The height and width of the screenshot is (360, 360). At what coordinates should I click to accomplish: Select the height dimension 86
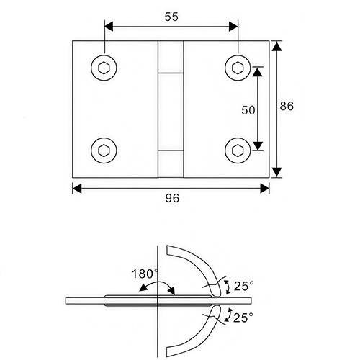coord(287,106)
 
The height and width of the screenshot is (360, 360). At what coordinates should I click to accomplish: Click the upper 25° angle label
coord(244,287)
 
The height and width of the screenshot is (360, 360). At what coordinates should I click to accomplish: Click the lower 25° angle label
coord(244,318)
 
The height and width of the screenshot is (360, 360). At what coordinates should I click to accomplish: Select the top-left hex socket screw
coord(102,68)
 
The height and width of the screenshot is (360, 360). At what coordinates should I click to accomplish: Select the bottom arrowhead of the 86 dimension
coord(276,173)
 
